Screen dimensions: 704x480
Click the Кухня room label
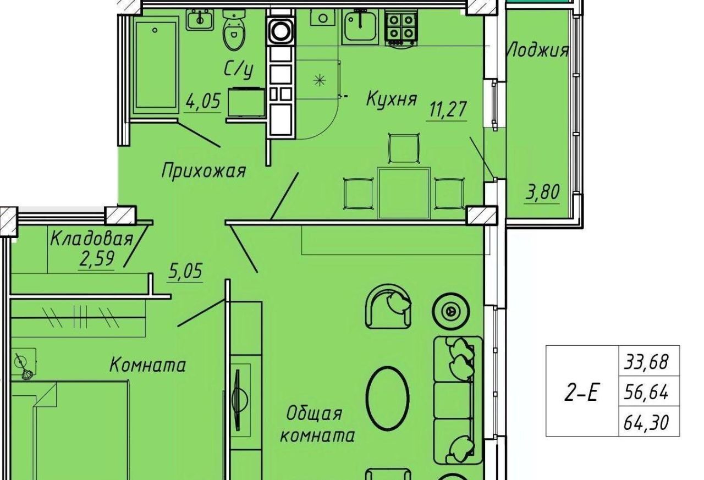(x=392, y=98)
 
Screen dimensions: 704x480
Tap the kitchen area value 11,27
(x=446, y=109)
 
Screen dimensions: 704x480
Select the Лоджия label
(x=538, y=50)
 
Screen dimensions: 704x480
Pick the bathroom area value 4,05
(x=203, y=101)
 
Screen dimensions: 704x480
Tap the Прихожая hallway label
(x=204, y=172)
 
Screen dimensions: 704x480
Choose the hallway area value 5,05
(x=185, y=271)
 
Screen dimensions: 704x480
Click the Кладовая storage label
(x=92, y=239)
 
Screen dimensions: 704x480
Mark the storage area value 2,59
(x=96, y=259)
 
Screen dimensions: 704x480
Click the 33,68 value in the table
(x=646, y=362)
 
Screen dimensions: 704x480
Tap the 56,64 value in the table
(x=646, y=393)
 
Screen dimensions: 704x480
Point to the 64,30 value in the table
(x=646, y=422)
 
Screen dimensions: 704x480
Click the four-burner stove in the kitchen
(x=402, y=29)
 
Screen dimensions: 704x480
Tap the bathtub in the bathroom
(x=155, y=65)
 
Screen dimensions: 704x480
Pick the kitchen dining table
(x=404, y=193)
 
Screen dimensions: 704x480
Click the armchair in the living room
(x=388, y=306)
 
